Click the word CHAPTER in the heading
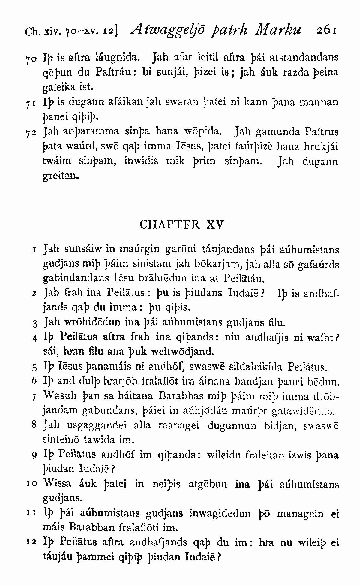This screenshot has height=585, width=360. [169, 224]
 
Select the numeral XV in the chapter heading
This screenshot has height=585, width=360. [215, 224]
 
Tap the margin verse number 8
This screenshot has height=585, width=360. [34, 425]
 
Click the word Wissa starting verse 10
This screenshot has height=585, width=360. [58, 484]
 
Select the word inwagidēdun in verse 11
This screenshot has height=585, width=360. [220, 513]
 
